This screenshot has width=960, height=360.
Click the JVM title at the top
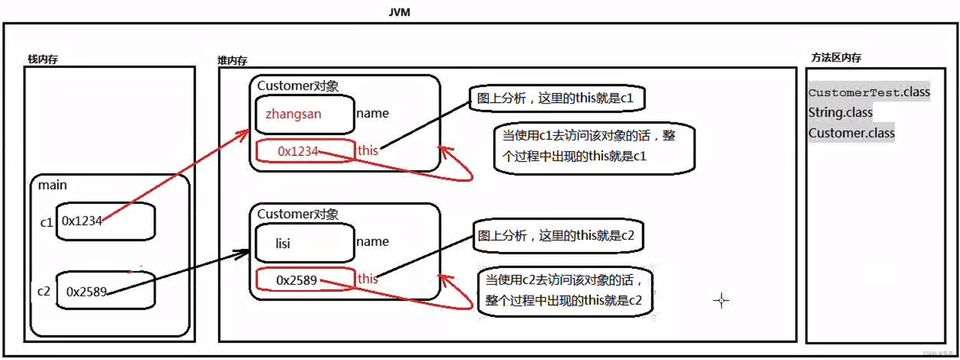[399, 12]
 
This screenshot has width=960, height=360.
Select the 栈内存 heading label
[43, 59]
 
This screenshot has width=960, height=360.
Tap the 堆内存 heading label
[232, 61]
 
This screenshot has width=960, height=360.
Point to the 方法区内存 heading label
[836, 58]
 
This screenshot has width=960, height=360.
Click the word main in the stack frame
[52, 185]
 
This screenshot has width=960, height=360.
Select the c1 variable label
[46, 222]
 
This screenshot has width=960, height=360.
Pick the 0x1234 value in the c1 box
[82, 220]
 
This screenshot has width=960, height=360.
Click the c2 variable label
[44, 291]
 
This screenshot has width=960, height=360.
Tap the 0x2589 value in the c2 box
[86, 292]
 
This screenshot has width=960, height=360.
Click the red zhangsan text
[293, 114]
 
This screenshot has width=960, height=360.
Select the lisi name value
[283, 243]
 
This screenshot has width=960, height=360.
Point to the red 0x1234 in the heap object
[297, 151]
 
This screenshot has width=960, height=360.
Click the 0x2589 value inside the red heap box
[296, 280]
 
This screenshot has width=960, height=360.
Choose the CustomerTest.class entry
[869, 92]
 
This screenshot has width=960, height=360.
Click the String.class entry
[840, 112]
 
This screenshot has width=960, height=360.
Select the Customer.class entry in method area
[851, 133]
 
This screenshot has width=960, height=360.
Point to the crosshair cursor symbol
[721, 300]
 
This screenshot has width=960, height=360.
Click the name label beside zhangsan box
[372, 113]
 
